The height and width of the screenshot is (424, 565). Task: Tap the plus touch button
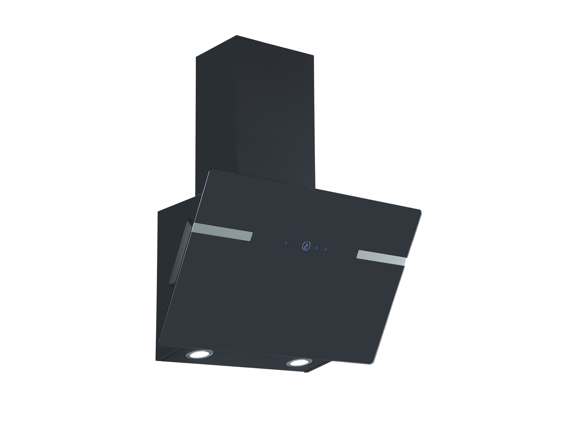(x=317, y=248)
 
